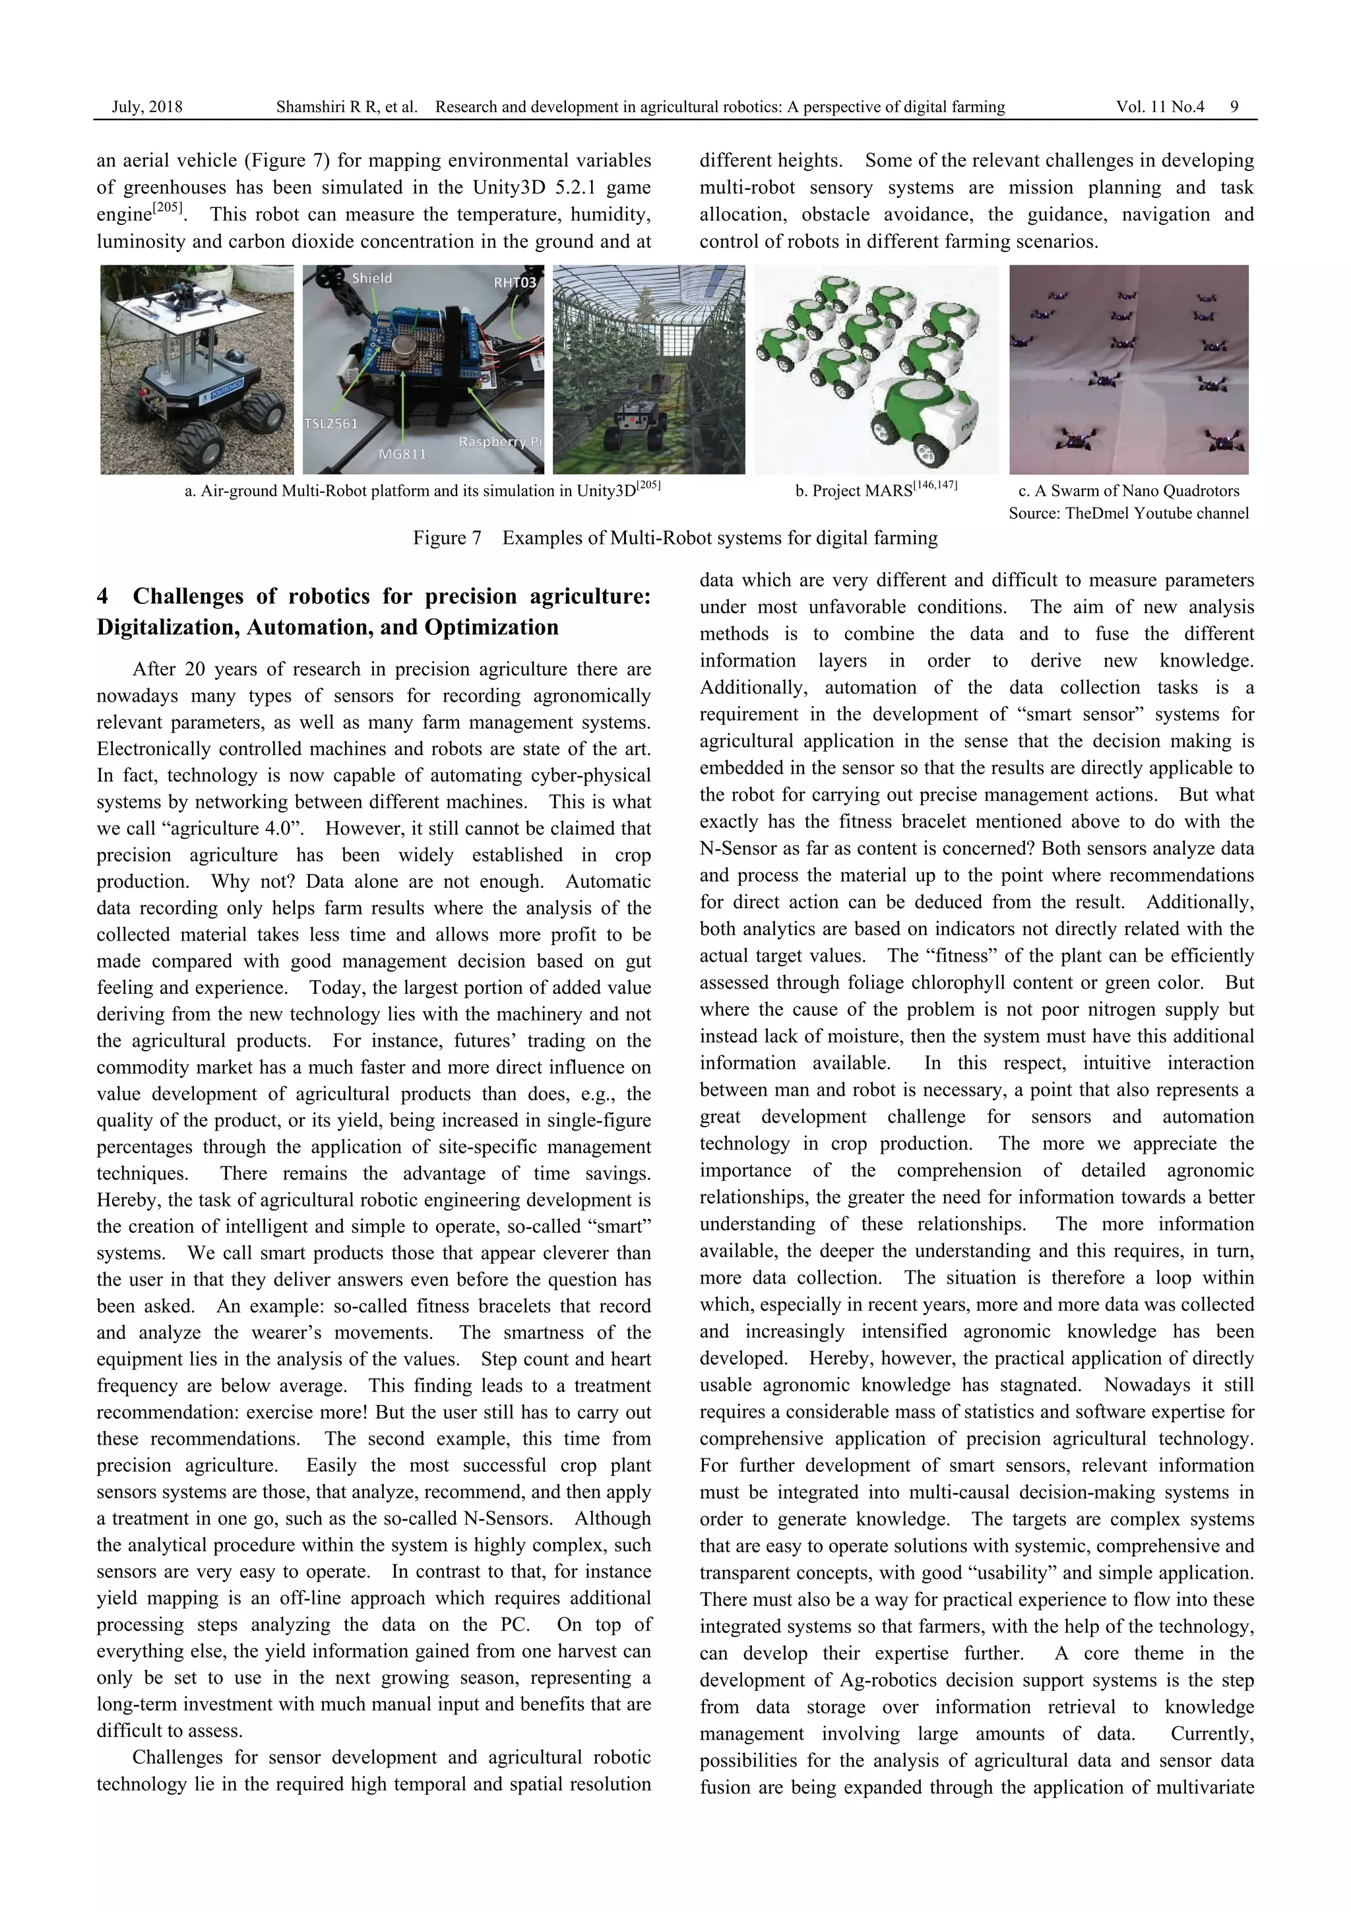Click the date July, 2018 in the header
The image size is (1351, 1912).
146,107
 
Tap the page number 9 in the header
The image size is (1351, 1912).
1234,107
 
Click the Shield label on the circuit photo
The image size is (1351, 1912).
371,278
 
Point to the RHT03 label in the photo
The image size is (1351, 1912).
515,282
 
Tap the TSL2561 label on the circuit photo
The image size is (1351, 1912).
330,424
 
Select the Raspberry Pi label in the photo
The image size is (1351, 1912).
499,442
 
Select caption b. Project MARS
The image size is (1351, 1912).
875,490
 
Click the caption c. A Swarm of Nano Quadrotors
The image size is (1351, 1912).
1128,490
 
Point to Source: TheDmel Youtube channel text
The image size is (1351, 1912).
1128,513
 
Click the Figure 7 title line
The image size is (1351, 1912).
674,538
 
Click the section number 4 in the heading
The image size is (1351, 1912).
102,596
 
